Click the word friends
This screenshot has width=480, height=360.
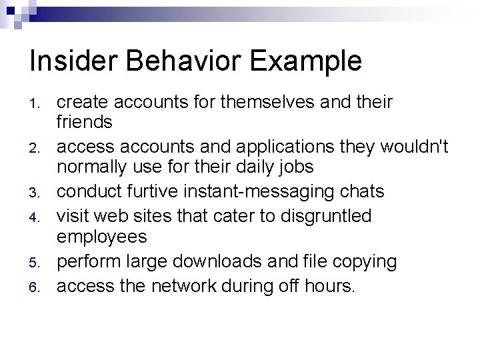coord(84,122)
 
